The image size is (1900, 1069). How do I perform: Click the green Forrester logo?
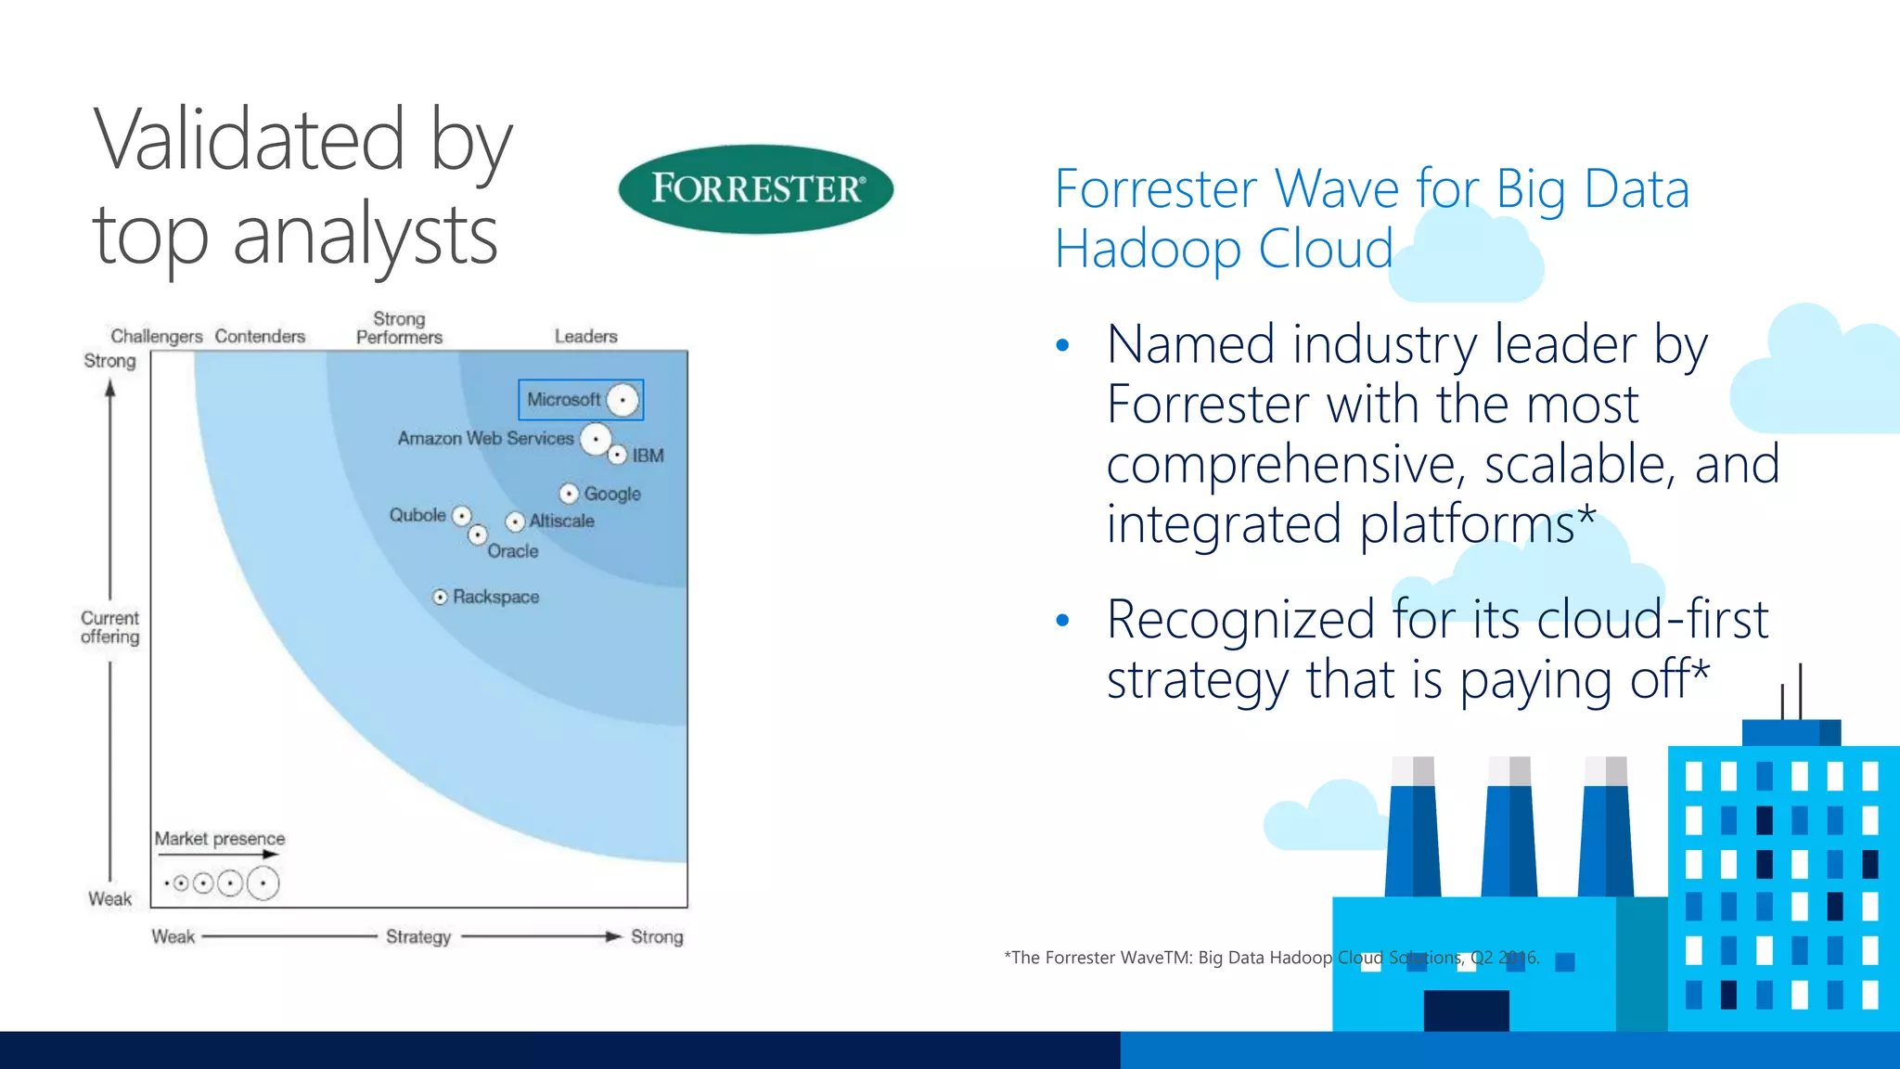point(755,188)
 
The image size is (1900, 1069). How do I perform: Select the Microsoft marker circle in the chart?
point(623,400)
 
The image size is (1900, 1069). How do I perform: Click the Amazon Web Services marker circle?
point(596,439)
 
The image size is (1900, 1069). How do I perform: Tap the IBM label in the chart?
point(648,456)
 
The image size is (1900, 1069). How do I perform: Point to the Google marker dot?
point(569,494)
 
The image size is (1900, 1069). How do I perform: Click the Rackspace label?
point(495,597)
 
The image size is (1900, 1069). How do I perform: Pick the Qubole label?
point(417,515)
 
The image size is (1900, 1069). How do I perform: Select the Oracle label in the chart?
point(513,551)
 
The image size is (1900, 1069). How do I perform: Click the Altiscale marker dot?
point(516,522)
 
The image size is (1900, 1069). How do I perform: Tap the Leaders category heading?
point(585,336)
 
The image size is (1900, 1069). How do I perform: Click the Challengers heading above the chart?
point(156,336)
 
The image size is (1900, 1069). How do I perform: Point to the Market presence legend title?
point(220,839)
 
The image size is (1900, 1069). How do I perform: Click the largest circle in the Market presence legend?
point(263,882)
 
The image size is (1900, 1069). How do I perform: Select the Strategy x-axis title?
point(418,936)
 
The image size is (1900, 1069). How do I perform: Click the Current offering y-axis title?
point(109,627)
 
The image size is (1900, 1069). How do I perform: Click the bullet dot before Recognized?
point(1063,621)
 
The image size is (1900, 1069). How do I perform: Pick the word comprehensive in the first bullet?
point(1286,464)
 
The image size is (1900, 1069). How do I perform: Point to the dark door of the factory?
point(1466,1011)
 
